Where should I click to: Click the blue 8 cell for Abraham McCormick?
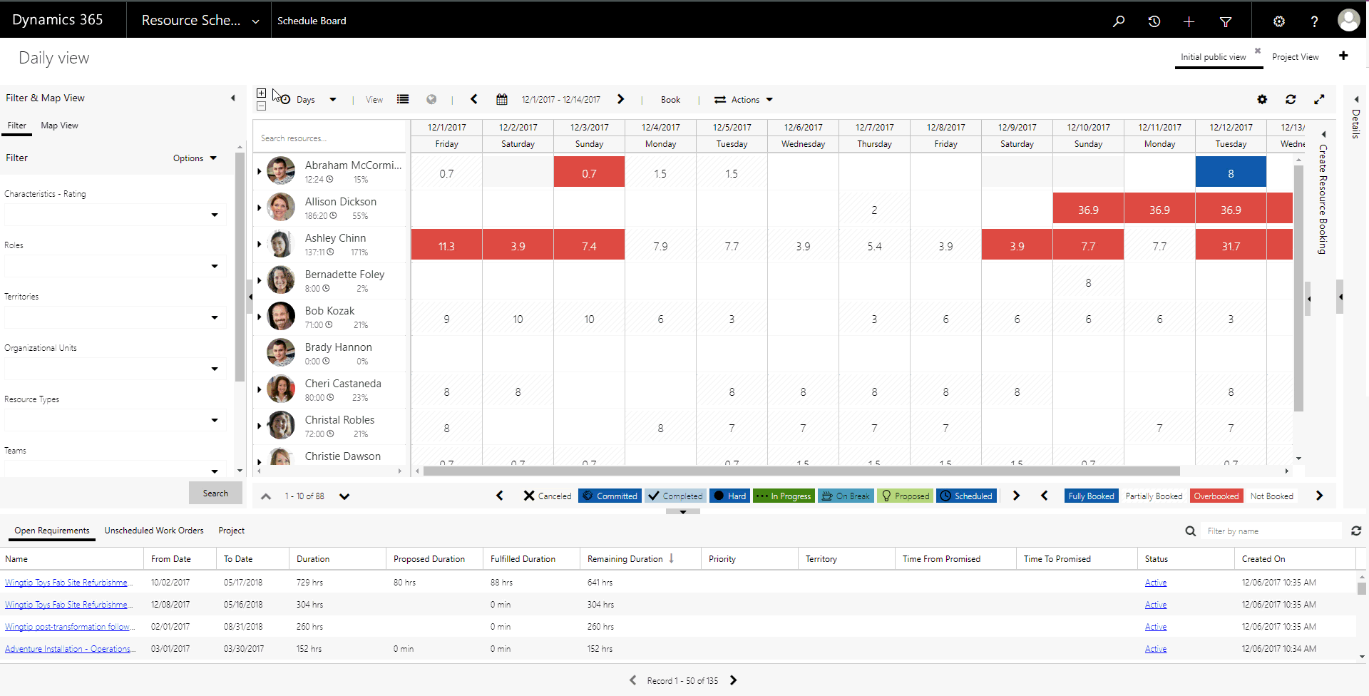1231,173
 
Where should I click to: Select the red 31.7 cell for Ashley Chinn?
1231,246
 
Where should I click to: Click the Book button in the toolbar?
670,100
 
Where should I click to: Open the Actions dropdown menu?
744,100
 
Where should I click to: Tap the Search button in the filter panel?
215,493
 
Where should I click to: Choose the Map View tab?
59,126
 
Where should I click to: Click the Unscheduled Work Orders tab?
154,531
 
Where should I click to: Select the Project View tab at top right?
1295,57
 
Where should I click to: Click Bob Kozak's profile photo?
281,316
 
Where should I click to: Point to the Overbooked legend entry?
1216,496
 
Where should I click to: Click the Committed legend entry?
610,496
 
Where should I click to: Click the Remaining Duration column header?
625,559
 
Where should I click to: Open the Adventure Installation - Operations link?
68,649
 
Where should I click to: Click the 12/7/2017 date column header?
874,128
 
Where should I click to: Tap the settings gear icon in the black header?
1279,21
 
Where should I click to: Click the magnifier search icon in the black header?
1119,21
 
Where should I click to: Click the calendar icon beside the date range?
502,100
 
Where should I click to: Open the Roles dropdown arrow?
215,266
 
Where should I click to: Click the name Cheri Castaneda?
343,384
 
